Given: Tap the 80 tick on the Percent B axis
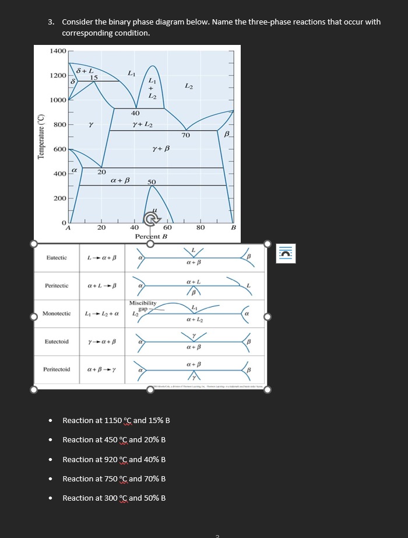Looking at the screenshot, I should click(201, 228).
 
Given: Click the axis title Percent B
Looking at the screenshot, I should click(151, 236).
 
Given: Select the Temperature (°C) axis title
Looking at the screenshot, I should click(41, 137).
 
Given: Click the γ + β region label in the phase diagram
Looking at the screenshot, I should click(160, 149).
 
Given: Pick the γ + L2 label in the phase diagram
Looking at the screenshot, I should click(143, 125).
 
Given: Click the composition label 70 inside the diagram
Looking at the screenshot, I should click(185, 135).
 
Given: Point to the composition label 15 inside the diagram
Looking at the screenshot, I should click(93, 78).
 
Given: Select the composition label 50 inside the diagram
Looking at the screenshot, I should click(152, 182).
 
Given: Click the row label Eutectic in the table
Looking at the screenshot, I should click(57, 257).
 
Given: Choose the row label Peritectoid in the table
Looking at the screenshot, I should click(57, 369).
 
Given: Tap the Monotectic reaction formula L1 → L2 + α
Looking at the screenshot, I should click(102, 314).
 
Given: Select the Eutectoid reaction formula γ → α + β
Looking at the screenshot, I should click(102, 341).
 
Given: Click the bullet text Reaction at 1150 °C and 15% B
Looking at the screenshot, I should click(116, 421).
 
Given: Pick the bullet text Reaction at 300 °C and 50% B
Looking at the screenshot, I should click(114, 498).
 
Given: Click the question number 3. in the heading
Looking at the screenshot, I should click(51, 22).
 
